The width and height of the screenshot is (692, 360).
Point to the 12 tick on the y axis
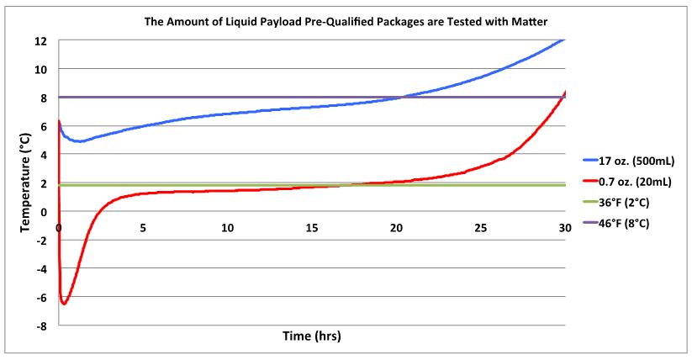(40, 40)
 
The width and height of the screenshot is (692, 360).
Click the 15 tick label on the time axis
(312, 228)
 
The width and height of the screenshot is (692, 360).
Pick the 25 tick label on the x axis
(481, 228)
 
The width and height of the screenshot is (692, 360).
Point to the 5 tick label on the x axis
(143, 228)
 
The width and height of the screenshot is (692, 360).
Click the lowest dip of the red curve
(64, 303)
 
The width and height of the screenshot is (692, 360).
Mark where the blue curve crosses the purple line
(403, 97)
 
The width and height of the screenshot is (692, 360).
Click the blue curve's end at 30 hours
(564, 40)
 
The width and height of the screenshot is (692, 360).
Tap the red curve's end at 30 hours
(564, 92)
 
